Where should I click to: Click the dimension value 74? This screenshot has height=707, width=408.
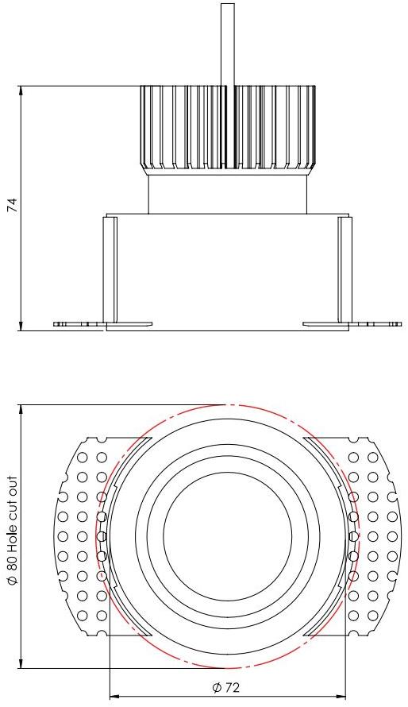tap(12, 206)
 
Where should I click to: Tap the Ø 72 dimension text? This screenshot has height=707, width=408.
tap(226, 687)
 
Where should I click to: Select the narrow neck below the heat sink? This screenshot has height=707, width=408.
tap(228, 194)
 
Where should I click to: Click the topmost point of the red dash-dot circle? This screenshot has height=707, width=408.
tap(228, 405)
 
